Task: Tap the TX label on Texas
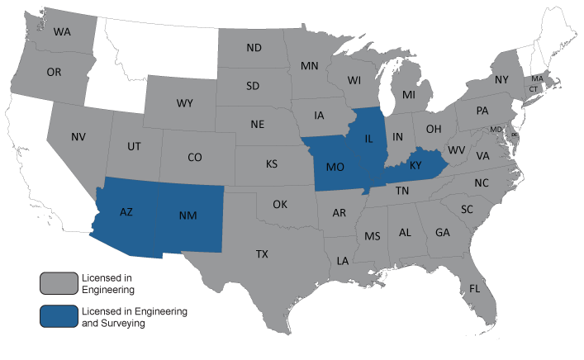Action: tap(262, 253)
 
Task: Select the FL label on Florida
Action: tap(474, 288)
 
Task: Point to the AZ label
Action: tap(126, 212)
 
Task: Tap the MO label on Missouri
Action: tap(335, 168)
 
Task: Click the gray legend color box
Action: tap(55, 283)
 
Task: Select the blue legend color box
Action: tap(55, 317)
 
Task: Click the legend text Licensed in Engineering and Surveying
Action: tap(134, 317)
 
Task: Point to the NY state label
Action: tap(501, 80)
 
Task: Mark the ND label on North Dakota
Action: tap(254, 48)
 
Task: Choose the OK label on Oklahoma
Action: tap(280, 204)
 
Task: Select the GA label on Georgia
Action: tap(443, 232)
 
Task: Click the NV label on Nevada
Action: tap(78, 137)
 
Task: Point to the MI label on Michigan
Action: tap(409, 95)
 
